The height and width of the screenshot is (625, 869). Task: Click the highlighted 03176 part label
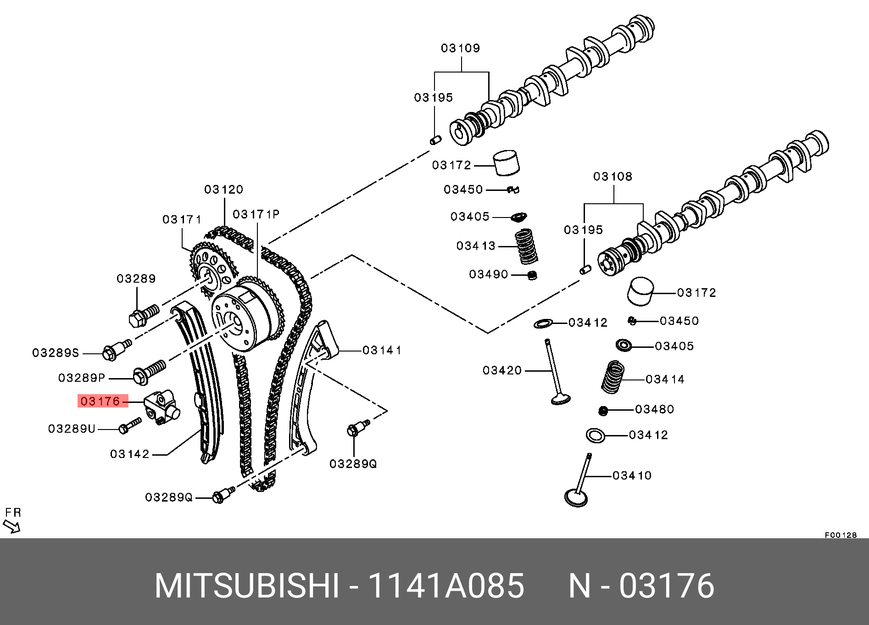tap(100, 402)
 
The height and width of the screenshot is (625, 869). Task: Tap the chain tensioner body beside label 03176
tap(162, 406)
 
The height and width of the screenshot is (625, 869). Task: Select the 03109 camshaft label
tap(460, 49)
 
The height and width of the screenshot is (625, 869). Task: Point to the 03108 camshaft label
tap(613, 177)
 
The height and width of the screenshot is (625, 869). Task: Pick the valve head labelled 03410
tap(576, 497)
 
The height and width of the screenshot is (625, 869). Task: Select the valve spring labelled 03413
tap(526, 247)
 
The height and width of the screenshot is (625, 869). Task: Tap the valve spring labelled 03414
tap(613, 377)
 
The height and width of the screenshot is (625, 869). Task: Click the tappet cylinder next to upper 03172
tap(507, 162)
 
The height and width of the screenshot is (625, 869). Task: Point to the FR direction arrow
tap(11, 526)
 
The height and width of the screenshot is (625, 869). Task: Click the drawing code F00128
tap(841, 535)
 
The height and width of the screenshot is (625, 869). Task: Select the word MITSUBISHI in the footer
tap(247, 586)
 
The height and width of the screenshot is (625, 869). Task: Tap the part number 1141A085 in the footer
tap(446, 586)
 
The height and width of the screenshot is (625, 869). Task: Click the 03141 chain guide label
tap(382, 351)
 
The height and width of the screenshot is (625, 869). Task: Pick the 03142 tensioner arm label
tap(130, 454)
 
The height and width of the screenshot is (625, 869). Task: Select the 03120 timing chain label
tap(223, 190)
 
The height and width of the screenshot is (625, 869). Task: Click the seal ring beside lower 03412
tap(595, 435)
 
